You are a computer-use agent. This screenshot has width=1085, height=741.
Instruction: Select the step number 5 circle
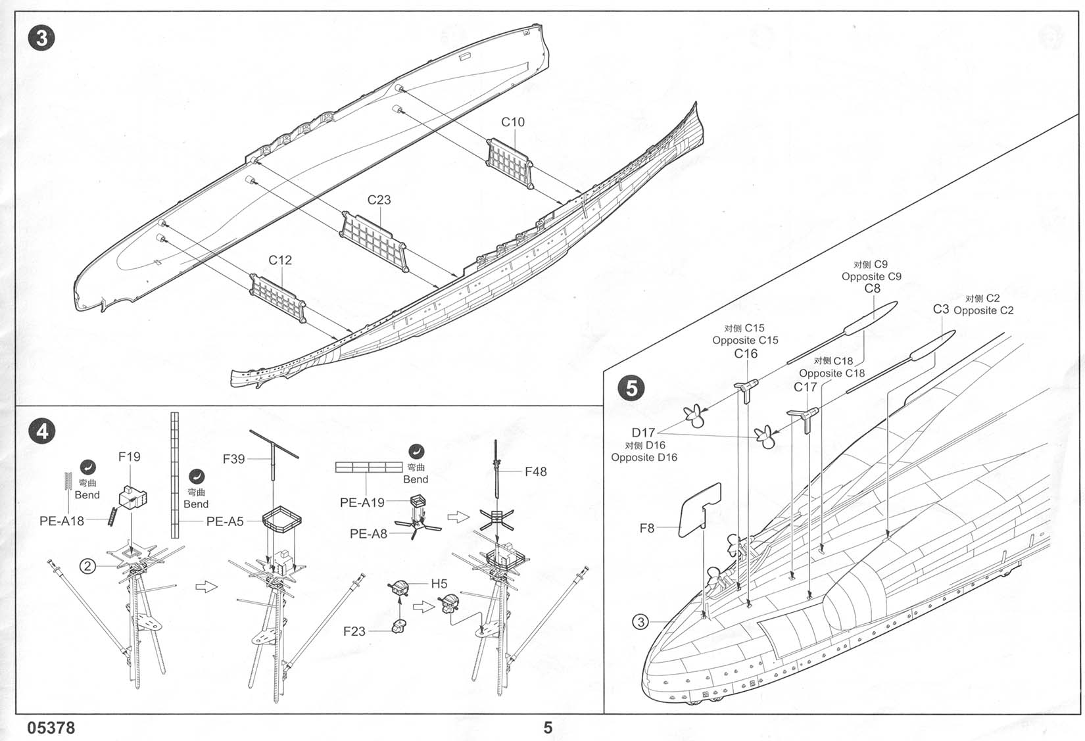631,387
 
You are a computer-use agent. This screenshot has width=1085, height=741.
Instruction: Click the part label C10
513,122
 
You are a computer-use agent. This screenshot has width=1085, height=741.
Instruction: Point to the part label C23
379,200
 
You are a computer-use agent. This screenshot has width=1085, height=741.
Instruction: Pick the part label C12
280,260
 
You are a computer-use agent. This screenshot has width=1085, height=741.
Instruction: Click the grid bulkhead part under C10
508,160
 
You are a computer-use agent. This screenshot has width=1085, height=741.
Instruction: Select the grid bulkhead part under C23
373,238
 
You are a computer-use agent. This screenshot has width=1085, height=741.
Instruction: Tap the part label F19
129,456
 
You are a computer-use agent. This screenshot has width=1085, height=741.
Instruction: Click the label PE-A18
62,521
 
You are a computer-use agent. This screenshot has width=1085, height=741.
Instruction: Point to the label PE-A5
225,521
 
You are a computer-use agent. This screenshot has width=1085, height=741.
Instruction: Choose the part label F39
233,459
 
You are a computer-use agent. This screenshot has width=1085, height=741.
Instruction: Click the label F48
536,471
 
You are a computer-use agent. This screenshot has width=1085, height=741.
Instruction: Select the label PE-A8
368,534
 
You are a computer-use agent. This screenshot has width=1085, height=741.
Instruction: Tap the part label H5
439,583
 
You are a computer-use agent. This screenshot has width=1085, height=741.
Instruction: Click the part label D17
643,433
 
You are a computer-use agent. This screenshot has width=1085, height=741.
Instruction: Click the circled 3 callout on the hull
640,621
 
